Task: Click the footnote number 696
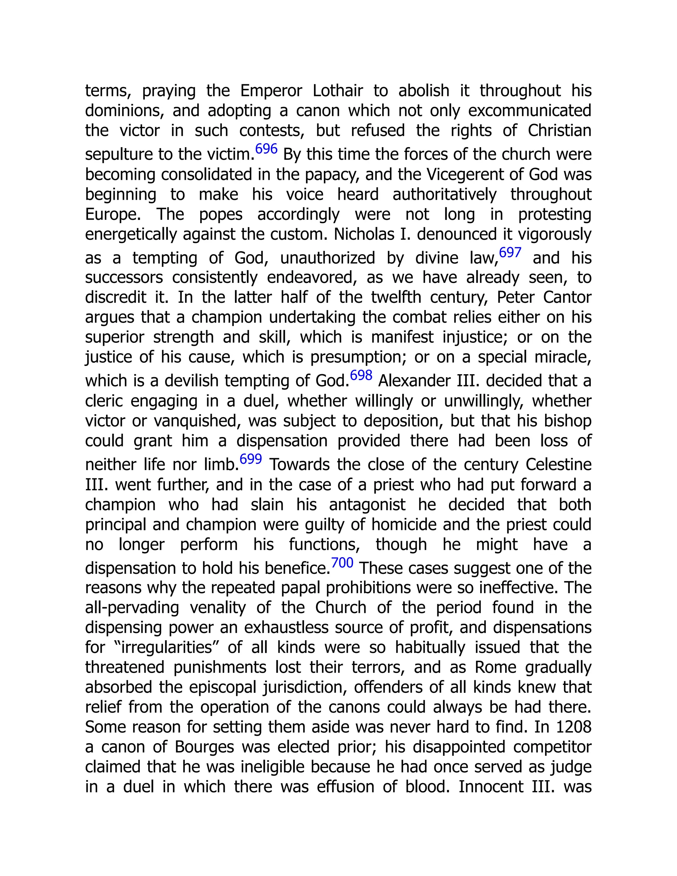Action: pyautogui.click(x=266, y=149)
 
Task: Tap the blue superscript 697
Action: pyautogui.click(x=510, y=253)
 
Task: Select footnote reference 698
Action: pyautogui.click(x=361, y=376)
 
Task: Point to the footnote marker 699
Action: pyautogui.click(x=251, y=459)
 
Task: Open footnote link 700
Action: pyautogui.click(x=342, y=563)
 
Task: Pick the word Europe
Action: pyautogui.click(x=113, y=215)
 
